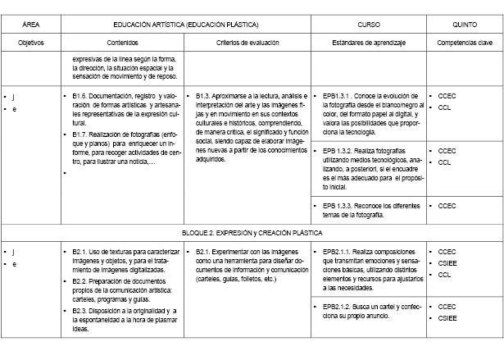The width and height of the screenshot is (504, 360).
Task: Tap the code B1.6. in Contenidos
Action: pos(80,96)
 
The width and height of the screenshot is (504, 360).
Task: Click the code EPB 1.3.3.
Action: pos(339,205)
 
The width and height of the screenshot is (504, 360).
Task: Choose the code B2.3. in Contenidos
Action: pos(80,312)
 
